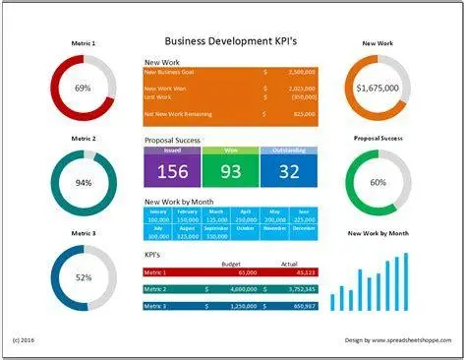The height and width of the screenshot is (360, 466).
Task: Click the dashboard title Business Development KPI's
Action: point(232,42)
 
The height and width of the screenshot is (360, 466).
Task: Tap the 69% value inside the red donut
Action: point(83,89)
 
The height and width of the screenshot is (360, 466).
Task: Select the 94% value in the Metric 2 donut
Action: point(83,183)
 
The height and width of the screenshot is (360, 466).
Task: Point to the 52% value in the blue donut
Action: point(83,278)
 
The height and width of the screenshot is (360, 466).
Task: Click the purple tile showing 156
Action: point(172,171)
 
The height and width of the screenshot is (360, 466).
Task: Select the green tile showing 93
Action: point(231,171)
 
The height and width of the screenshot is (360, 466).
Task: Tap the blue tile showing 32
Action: point(289,171)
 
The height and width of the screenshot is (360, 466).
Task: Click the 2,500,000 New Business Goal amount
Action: point(296,72)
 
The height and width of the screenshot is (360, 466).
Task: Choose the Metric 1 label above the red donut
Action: point(83,44)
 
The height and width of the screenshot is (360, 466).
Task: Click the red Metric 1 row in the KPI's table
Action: point(231,272)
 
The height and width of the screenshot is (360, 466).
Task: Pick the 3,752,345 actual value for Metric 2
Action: point(298,289)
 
